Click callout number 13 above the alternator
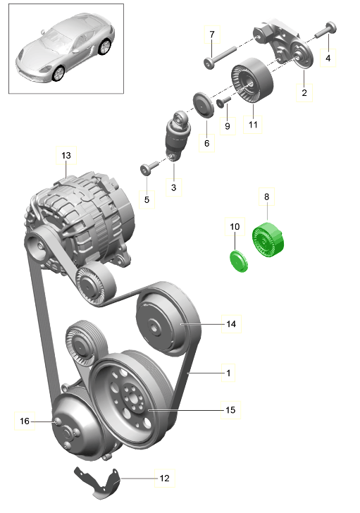pos(66,156)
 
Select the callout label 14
pos(231,324)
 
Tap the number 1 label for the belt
pos(228,373)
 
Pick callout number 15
pos(230,410)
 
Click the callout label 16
pos(25,421)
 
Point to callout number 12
pos(164,478)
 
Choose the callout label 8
pos(266,197)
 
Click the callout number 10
pos(235,227)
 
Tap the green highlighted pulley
pos(268,240)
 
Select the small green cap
pos(239,261)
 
